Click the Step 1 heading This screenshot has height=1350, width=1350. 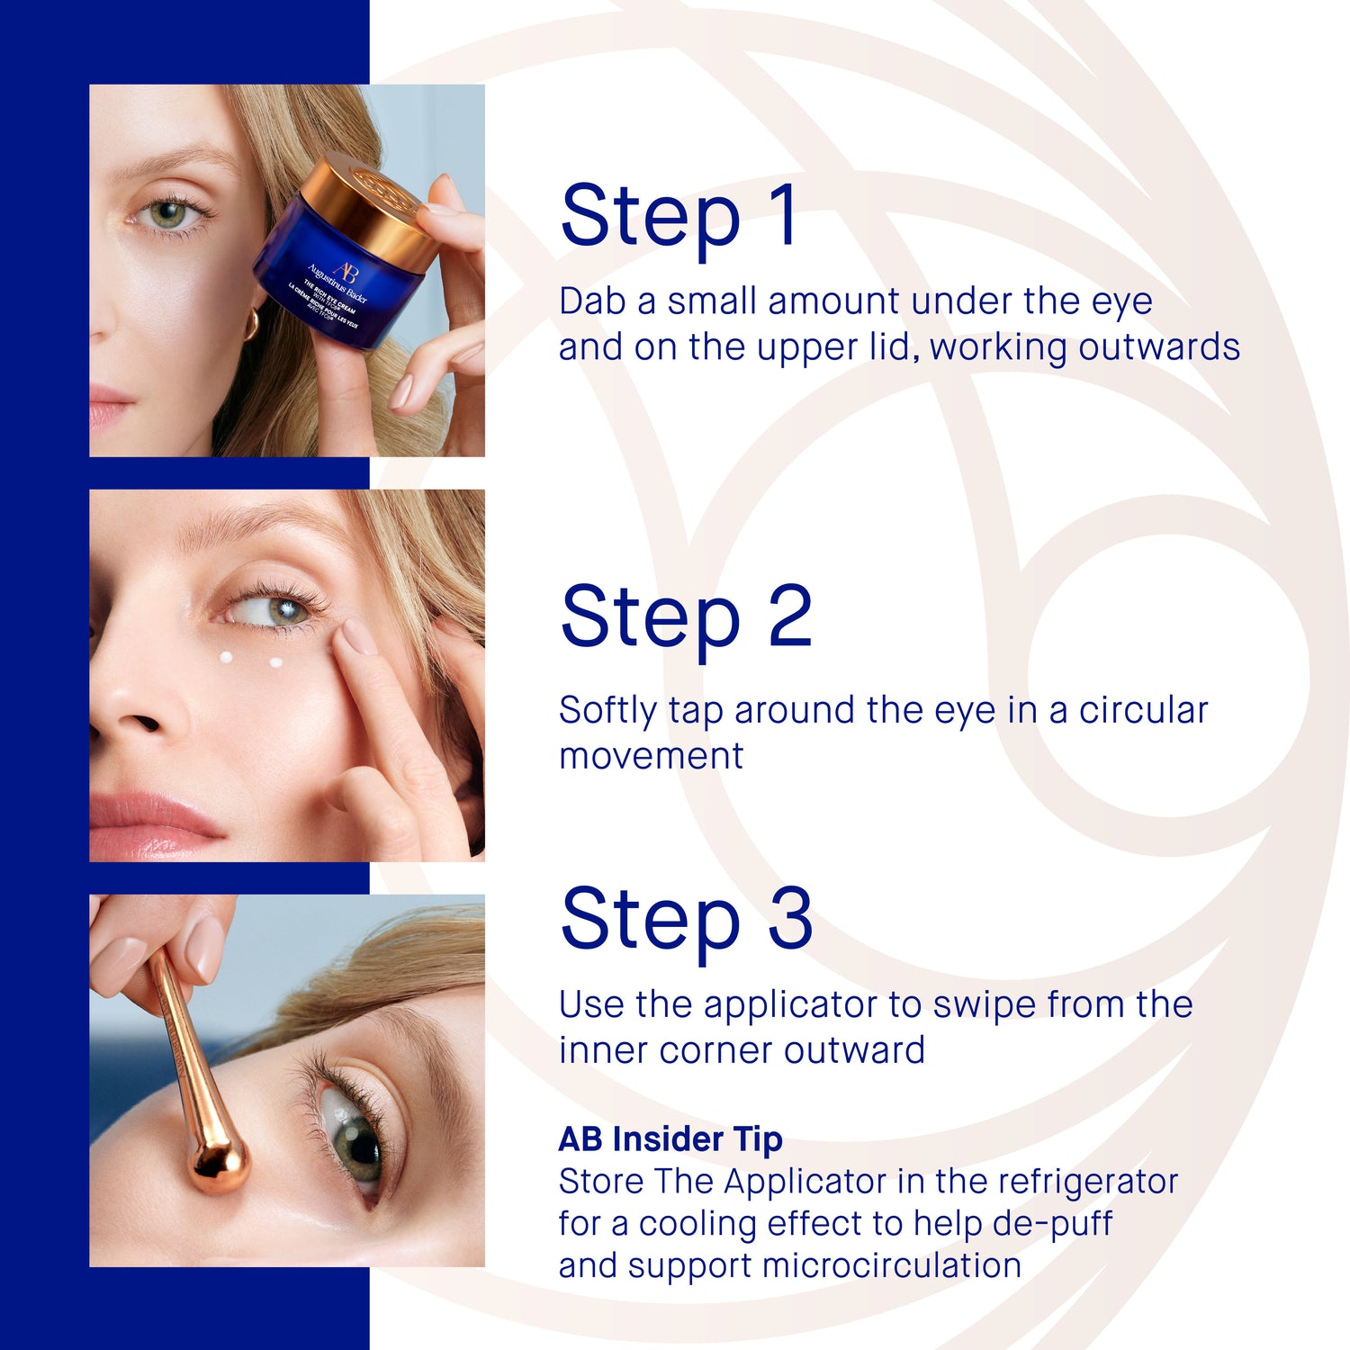coord(679,216)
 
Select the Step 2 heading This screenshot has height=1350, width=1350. coord(686,617)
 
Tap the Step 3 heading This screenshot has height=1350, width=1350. coord(686,918)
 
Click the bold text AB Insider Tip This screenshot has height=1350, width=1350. coord(670,1139)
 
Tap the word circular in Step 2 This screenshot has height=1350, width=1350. coord(1143,710)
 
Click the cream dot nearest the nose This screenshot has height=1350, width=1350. coord(227,657)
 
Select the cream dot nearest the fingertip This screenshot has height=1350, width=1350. coord(276,663)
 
